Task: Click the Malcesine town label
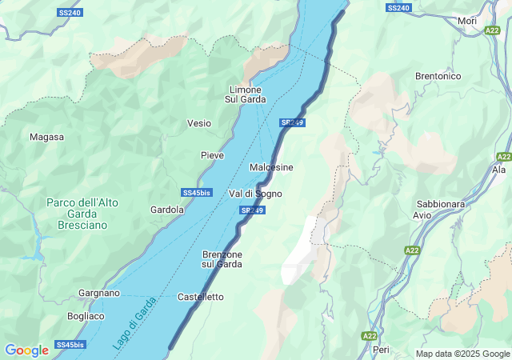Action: tap(271, 167)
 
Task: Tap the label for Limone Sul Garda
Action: tap(246, 94)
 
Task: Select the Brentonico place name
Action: tap(438, 76)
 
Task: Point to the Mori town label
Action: tap(466, 21)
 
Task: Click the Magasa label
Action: tap(46, 137)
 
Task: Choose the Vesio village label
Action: tap(199, 123)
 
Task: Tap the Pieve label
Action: tap(212, 154)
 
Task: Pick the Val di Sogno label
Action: tap(255, 194)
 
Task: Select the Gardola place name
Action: tap(167, 210)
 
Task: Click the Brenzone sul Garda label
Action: tap(222, 259)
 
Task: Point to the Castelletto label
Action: tap(200, 297)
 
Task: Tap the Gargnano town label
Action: tap(99, 293)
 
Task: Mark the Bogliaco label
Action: tap(86, 316)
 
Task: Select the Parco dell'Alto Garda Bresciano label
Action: tap(82, 214)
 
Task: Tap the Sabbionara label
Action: tap(438, 204)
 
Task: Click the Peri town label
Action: tap(382, 350)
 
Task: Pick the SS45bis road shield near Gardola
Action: tap(196, 193)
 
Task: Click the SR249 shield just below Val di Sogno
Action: tap(252, 210)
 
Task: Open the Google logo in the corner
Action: tap(26, 350)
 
